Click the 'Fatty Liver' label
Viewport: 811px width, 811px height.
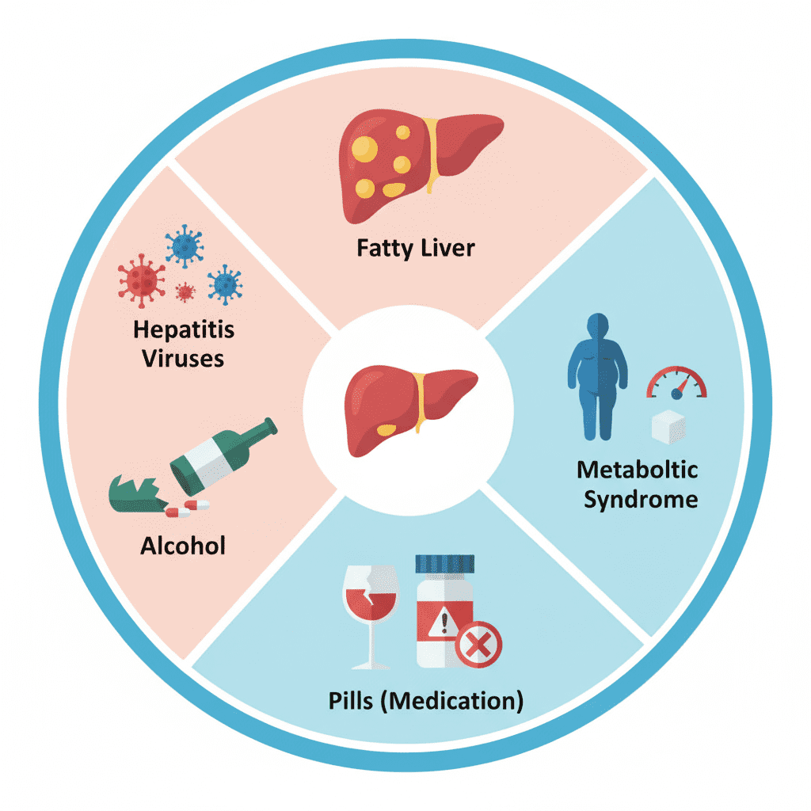tap(416, 248)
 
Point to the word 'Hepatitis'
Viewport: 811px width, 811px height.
tap(184, 329)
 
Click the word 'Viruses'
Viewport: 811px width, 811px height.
tap(183, 357)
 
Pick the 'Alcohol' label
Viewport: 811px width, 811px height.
tap(183, 545)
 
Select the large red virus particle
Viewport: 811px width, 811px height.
tap(142, 277)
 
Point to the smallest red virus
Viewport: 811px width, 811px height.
tap(185, 292)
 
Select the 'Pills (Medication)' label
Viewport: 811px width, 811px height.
tap(425, 700)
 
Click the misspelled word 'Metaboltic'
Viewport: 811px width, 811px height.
tap(638, 470)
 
